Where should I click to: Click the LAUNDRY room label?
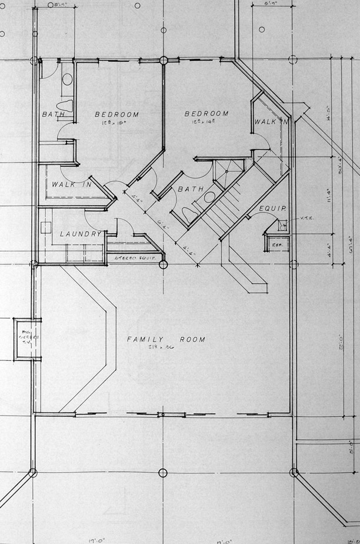(81, 234)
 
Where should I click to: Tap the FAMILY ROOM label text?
(166, 339)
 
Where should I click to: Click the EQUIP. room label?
(272, 208)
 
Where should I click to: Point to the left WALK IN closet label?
(71, 184)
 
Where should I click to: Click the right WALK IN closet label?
(270, 122)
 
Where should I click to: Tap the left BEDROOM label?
(116, 114)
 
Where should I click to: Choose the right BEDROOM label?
(206, 114)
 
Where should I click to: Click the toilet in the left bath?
(65, 106)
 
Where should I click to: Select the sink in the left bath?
(67, 79)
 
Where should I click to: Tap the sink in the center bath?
(209, 197)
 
